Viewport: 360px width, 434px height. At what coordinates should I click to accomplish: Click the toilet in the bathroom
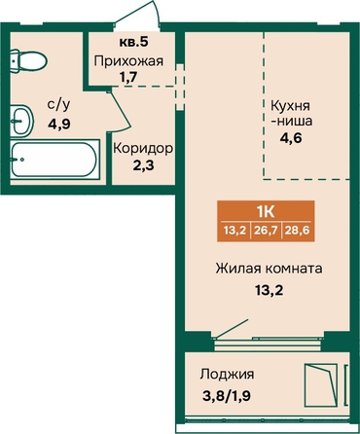coord(28,60)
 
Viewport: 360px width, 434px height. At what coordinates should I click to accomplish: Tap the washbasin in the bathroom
coord(21,121)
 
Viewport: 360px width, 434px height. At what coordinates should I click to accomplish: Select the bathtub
coord(54,160)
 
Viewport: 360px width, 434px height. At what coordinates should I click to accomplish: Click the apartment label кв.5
coord(133,42)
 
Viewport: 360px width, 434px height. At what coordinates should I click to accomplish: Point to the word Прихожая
coord(128,60)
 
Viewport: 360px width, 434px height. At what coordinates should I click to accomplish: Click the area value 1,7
coord(128,77)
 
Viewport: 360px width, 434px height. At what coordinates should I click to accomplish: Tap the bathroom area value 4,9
coord(59,124)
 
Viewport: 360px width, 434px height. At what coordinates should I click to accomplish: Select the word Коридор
coord(143,149)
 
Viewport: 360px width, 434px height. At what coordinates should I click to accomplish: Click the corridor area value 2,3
coord(143,165)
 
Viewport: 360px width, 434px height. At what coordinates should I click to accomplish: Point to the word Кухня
coord(290,106)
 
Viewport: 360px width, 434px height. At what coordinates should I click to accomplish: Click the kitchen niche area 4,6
coord(291,138)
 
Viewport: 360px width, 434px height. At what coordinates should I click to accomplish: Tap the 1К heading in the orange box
coord(266,212)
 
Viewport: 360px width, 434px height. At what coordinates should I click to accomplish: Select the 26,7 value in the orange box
coord(266,231)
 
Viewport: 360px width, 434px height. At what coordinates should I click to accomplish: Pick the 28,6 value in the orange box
coord(297,231)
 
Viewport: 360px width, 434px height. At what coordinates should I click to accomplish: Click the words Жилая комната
coord(269,269)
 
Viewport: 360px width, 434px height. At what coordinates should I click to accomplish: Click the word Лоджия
coord(227,375)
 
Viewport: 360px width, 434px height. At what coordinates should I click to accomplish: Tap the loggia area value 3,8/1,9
coord(227,396)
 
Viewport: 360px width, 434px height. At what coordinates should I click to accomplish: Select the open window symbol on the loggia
coord(321,385)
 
